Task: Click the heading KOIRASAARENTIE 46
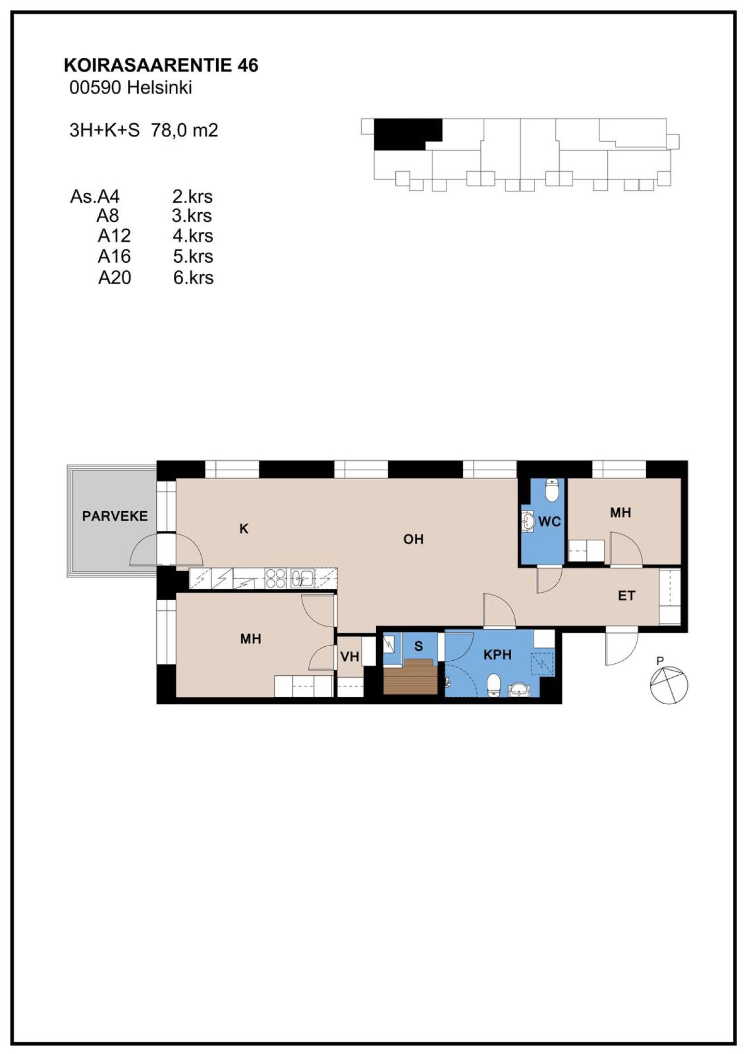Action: (x=161, y=65)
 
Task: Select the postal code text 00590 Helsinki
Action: (x=131, y=87)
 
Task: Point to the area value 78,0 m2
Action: (x=185, y=130)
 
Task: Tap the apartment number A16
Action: (x=114, y=256)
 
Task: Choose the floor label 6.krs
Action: (x=193, y=278)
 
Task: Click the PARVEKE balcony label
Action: (x=115, y=516)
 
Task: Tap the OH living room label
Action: (x=413, y=539)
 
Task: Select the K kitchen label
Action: (x=244, y=528)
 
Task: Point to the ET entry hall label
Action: (x=627, y=596)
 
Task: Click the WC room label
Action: (x=549, y=522)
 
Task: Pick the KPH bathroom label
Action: (x=498, y=655)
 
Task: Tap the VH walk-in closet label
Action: (x=350, y=657)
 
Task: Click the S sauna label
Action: (x=419, y=646)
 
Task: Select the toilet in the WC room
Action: (x=552, y=490)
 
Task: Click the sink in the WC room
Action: (x=528, y=521)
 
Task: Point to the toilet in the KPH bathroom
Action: (x=494, y=685)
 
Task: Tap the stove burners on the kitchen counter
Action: (x=275, y=578)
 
